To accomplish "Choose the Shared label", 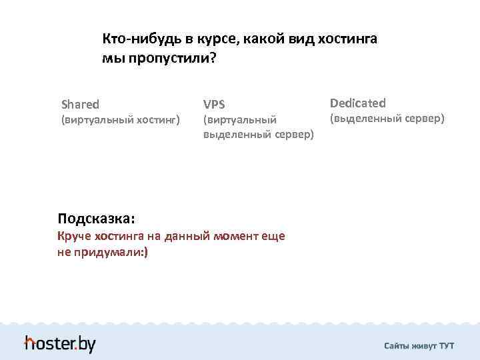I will tap(80, 104).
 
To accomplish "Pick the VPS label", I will tap(214, 104).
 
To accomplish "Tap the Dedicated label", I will tap(357, 103).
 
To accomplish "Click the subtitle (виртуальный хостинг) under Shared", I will tap(120, 120).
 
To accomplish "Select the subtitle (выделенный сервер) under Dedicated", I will tap(387, 119).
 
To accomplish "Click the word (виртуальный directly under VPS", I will tap(240, 120).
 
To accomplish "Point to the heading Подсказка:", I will tap(96, 218).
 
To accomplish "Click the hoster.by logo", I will tap(60, 343).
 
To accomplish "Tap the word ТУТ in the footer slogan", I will tap(447, 346).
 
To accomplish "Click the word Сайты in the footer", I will tap(397, 346).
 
